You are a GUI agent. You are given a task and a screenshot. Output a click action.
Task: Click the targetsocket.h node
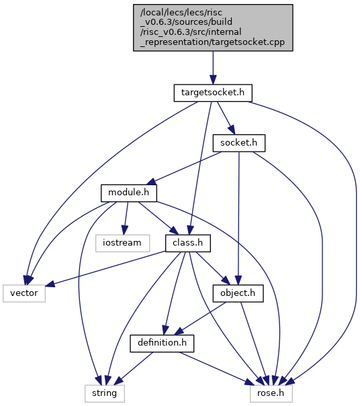pyautogui.click(x=213, y=93)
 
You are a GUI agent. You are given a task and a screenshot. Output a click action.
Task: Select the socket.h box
pyautogui.click(x=239, y=143)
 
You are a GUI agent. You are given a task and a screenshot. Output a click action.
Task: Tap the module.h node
pyautogui.click(x=129, y=193)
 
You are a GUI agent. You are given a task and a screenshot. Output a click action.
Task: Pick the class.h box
pyautogui.click(x=188, y=243)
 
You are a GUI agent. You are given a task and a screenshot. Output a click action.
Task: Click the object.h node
pyautogui.click(x=238, y=293)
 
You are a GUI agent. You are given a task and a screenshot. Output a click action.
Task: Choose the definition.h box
pyautogui.click(x=162, y=344)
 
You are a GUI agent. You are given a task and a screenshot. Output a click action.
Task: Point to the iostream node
pyautogui.click(x=123, y=243)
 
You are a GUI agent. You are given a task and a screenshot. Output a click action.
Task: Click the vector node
pyautogui.click(x=24, y=293)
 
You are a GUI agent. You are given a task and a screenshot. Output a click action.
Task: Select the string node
pyautogui.click(x=105, y=393)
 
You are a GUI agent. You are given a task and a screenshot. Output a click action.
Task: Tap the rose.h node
pyautogui.click(x=271, y=393)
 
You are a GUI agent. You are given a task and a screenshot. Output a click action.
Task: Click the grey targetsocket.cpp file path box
pyautogui.click(x=213, y=28)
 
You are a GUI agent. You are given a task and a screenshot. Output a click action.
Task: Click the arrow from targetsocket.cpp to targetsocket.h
pyautogui.click(x=213, y=68)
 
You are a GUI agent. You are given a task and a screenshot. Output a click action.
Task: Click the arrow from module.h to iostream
pyautogui.click(x=126, y=218)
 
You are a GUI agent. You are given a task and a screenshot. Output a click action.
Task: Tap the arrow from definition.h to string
pyautogui.click(x=134, y=368)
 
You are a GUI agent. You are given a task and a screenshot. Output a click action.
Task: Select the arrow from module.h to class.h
pyautogui.click(x=159, y=218)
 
